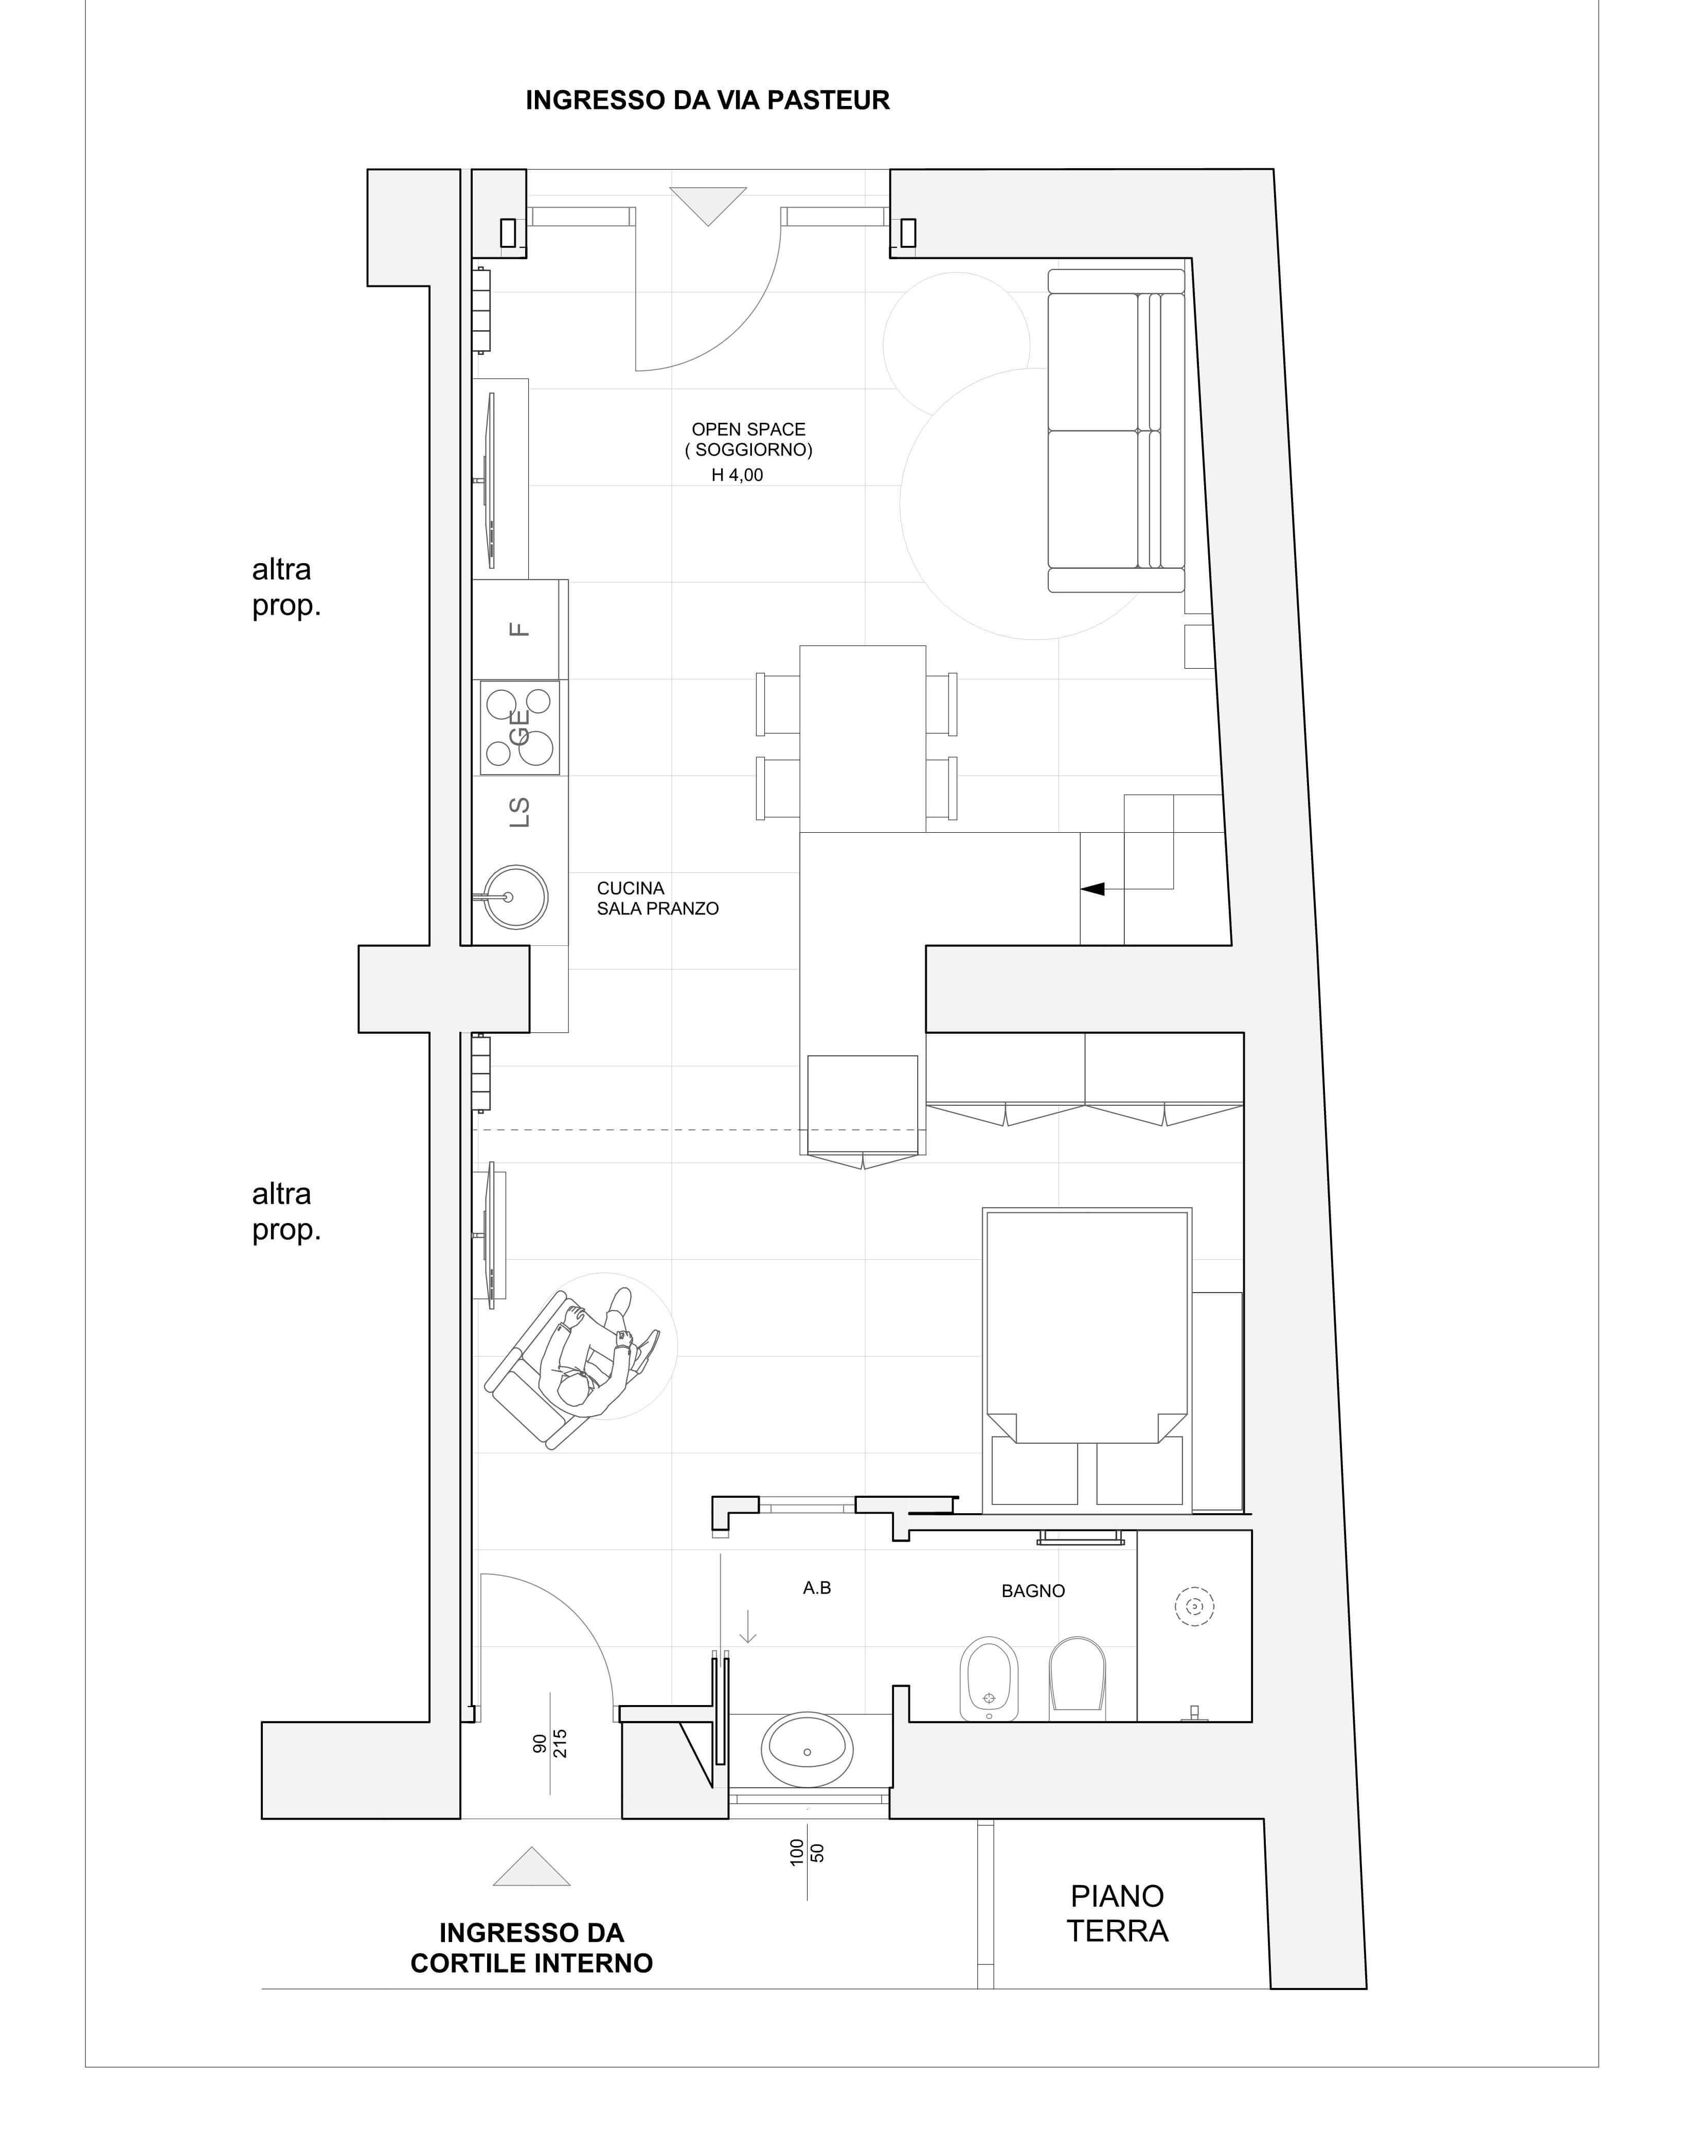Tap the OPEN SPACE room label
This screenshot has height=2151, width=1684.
pyautogui.click(x=748, y=430)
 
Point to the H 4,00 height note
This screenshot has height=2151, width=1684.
pyautogui.click(x=738, y=475)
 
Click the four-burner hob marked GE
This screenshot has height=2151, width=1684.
pyautogui.click(x=519, y=727)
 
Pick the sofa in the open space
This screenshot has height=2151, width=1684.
pyautogui.click(x=1116, y=431)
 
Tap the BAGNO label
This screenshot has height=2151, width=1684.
pyautogui.click(x=1033, y=1591)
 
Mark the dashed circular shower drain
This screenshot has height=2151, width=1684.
pyautogui.click(x=1195, y=1607)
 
